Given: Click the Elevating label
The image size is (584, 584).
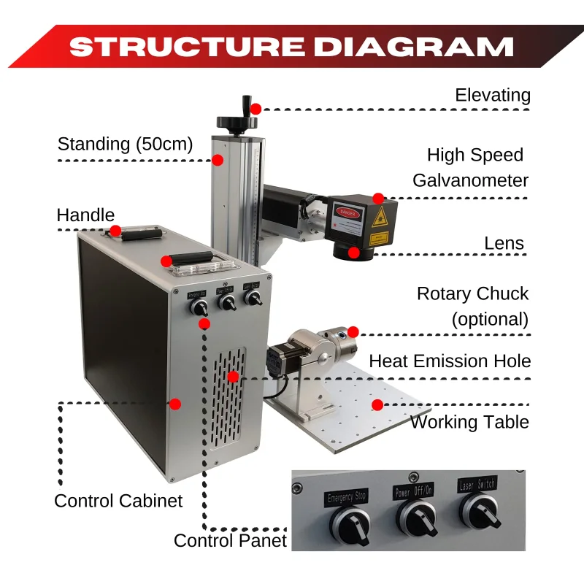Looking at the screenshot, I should [492, 95].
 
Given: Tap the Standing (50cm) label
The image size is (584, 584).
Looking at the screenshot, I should [125, 144].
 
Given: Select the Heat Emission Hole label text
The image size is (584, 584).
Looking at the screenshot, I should [450, 361].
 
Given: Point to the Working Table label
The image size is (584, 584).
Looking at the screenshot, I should [469, 422].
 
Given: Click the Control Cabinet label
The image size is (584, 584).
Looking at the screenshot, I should [118, 501].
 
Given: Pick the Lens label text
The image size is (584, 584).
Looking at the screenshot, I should [504, 242].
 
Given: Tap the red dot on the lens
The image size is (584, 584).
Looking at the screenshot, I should [353, 253].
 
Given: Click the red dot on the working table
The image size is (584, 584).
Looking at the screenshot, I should [377, 404].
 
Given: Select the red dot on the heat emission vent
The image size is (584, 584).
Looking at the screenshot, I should [232, 377].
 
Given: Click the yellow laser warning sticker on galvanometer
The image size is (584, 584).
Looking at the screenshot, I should [378, 217].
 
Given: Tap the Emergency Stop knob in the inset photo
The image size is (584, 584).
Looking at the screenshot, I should [348, 523].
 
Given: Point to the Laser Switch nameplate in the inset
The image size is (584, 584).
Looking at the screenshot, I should [477, 484].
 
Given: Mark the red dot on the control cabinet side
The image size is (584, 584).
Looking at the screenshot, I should [174, 403].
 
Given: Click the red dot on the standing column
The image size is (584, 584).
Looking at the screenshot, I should [218, 159].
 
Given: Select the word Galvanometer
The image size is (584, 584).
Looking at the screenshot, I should [470, 180].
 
